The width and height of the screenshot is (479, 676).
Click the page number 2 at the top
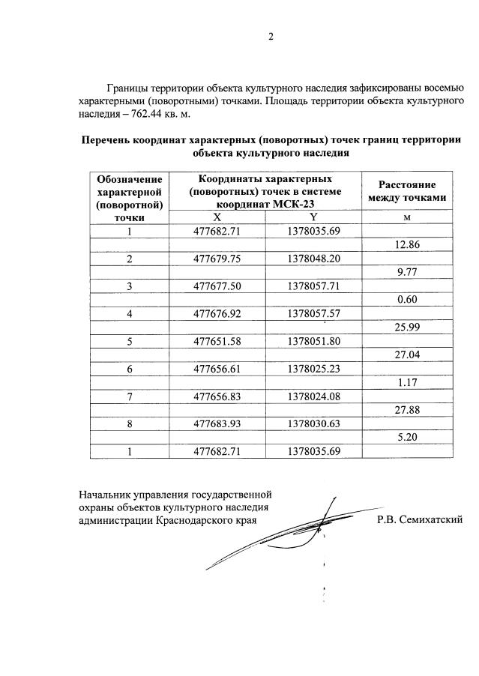(x=271, y=37)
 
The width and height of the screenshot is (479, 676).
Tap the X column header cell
(x=217, y=217)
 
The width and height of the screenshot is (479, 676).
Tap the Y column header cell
(x=313, y=217)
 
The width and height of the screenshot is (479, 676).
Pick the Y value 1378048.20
(x=313, y=259)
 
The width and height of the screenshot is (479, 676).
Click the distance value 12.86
(x=407, y=244)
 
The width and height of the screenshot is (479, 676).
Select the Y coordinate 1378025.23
(x=313, y=369)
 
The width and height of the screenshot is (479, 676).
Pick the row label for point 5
(x=129, y=342)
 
